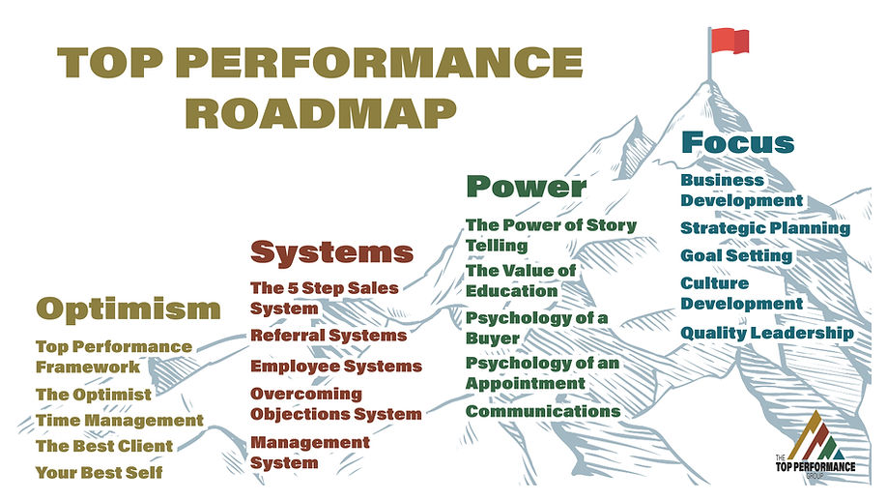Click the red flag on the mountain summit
(728, 41)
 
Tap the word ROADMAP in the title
(320, 112)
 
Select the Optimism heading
(129, 309)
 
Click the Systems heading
(331, 252)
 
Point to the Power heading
(526, 186)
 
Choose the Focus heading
(737, 142)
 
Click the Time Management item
(119, 421)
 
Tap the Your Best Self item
(99, 473)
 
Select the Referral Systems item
(329, 336)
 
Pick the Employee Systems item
(336, 367)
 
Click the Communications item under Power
(543, 411)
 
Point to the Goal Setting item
(736, 256)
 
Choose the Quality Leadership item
(767, 334)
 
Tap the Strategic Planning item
(765, 229)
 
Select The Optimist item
(94, 395)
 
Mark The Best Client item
(104, 447)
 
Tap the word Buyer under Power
(493, 338)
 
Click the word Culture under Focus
(714, 283)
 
